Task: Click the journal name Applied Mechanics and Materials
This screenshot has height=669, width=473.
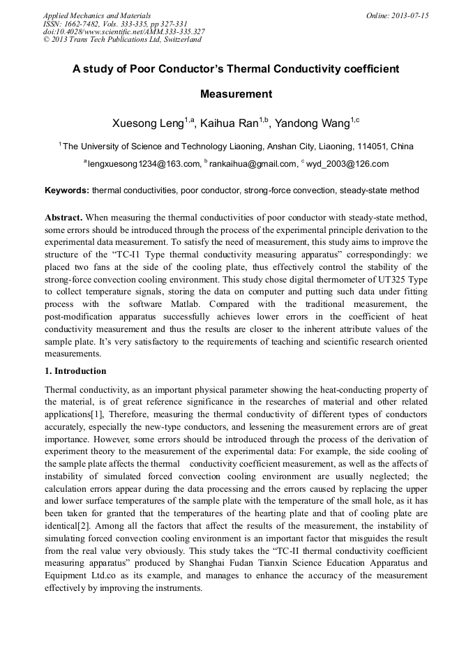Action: click(97, 15)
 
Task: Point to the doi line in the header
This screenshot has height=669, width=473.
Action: click(123, 31)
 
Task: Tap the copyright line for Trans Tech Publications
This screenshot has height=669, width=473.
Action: click(122, 40)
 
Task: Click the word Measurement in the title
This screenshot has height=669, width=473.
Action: click(236, 94)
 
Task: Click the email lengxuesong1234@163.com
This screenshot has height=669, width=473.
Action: click(144, 165)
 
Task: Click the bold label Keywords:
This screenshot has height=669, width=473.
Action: click(66, 190)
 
